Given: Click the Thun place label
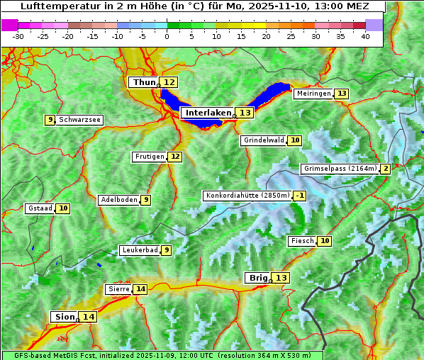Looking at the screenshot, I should pos(144,83).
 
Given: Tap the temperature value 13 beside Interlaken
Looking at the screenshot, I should pos(245,113).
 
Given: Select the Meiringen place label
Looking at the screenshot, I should pos(313,94).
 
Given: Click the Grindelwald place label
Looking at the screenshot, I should pos(264,140).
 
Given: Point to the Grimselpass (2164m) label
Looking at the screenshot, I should pos(340,169).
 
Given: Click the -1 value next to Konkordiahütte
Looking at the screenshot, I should pos(300,196).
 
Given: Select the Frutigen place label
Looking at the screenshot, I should pos(149,157).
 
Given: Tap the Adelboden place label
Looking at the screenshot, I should pos(118,200).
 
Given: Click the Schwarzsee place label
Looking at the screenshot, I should pos(79,120).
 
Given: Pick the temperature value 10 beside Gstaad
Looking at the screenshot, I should pos(63,208).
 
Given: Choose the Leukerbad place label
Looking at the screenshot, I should pos(139,250).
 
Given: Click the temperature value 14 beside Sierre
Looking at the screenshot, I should pos(140,289).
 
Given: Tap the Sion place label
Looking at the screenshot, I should pos(62,317).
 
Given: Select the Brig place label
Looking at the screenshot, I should pos(257,278).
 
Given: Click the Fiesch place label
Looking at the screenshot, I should pos(302,241).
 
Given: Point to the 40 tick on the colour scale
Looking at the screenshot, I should pos(365,36).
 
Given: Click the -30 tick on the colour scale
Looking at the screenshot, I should pos(18,36).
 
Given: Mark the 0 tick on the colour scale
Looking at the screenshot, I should pos(167,36).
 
